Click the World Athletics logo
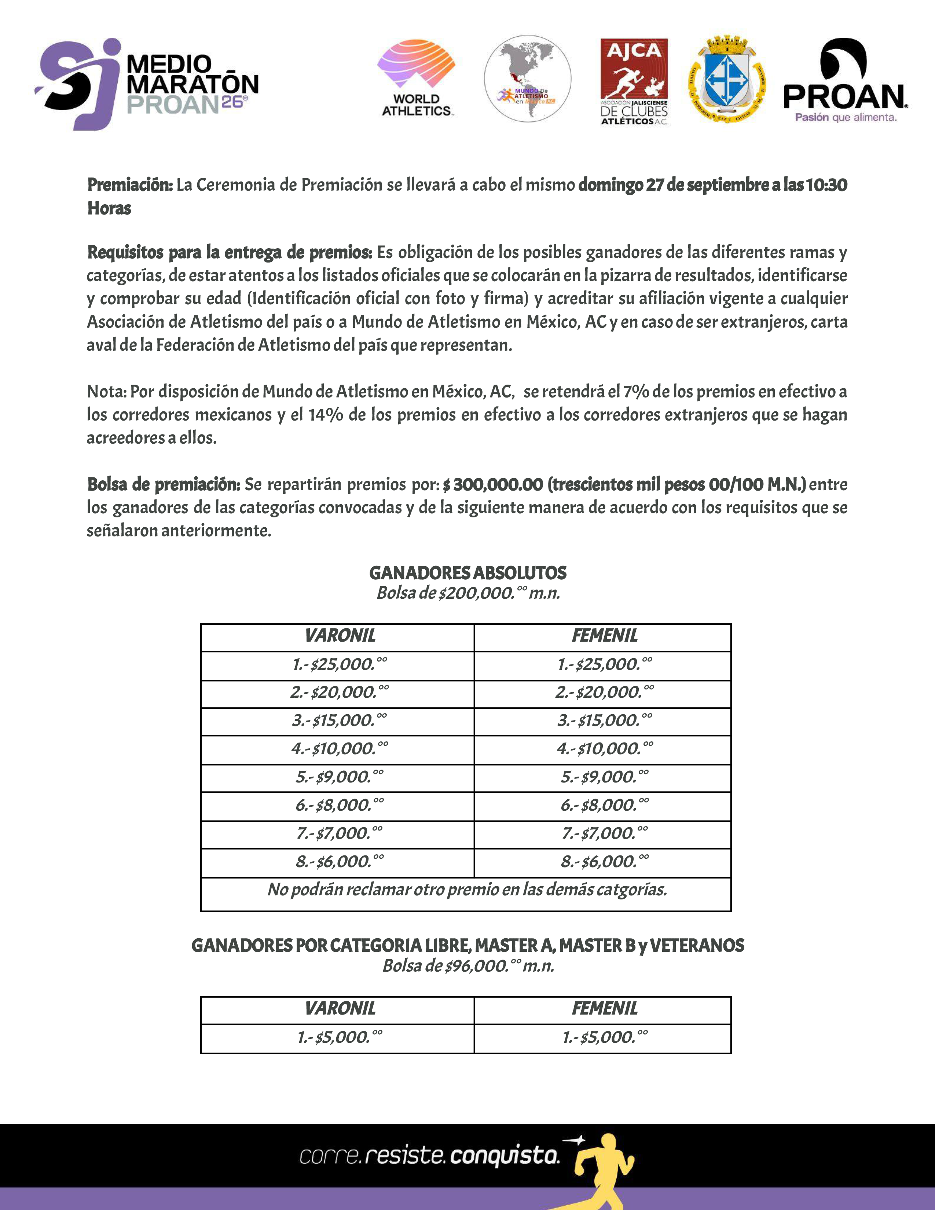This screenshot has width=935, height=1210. coord(417,78)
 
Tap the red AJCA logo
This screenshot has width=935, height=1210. coord(634,81)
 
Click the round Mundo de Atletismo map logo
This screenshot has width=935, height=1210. coord(527,79)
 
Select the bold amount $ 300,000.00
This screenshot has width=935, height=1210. coord(492,485)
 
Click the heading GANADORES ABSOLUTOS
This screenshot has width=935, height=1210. coord(467,573)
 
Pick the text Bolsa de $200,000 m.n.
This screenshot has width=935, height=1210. coord(467,593)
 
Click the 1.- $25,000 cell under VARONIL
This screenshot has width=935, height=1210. coord(339,665)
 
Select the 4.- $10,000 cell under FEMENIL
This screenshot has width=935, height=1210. coord(604,749)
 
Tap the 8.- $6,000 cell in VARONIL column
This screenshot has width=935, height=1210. coord(339,862)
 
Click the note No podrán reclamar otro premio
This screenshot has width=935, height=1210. coord(466,890)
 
